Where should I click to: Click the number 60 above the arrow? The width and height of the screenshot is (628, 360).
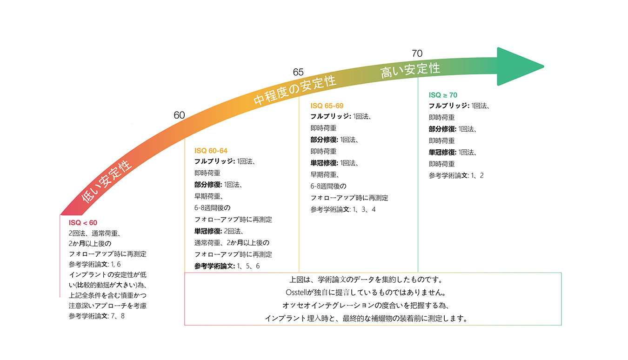point(179,115)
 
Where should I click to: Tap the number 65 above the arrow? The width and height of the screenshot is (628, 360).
point(298,72)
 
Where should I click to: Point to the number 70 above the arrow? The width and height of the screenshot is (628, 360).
point(417,54)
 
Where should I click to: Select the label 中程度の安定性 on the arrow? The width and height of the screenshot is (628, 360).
point(295,91)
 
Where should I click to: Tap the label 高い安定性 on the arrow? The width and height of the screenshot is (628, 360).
point(410,70)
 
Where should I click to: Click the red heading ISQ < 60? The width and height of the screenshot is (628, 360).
point(83,223)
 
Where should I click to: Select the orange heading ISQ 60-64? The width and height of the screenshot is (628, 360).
point(211,151)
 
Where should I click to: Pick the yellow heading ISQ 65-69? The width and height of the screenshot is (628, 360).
point(327,106)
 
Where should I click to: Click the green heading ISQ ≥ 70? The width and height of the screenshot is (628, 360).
point(443,95)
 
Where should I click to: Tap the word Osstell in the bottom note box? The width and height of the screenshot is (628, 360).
point(298,293)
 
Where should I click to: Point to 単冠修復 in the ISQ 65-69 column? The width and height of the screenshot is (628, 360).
point(324,163)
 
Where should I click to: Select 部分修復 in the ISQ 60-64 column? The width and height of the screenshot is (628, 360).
point(208,185)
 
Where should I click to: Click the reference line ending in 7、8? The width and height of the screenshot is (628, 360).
point(96,316)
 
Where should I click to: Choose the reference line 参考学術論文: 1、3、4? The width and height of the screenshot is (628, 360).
point(343,209)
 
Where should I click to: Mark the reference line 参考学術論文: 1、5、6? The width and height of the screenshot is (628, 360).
point(227,266)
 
